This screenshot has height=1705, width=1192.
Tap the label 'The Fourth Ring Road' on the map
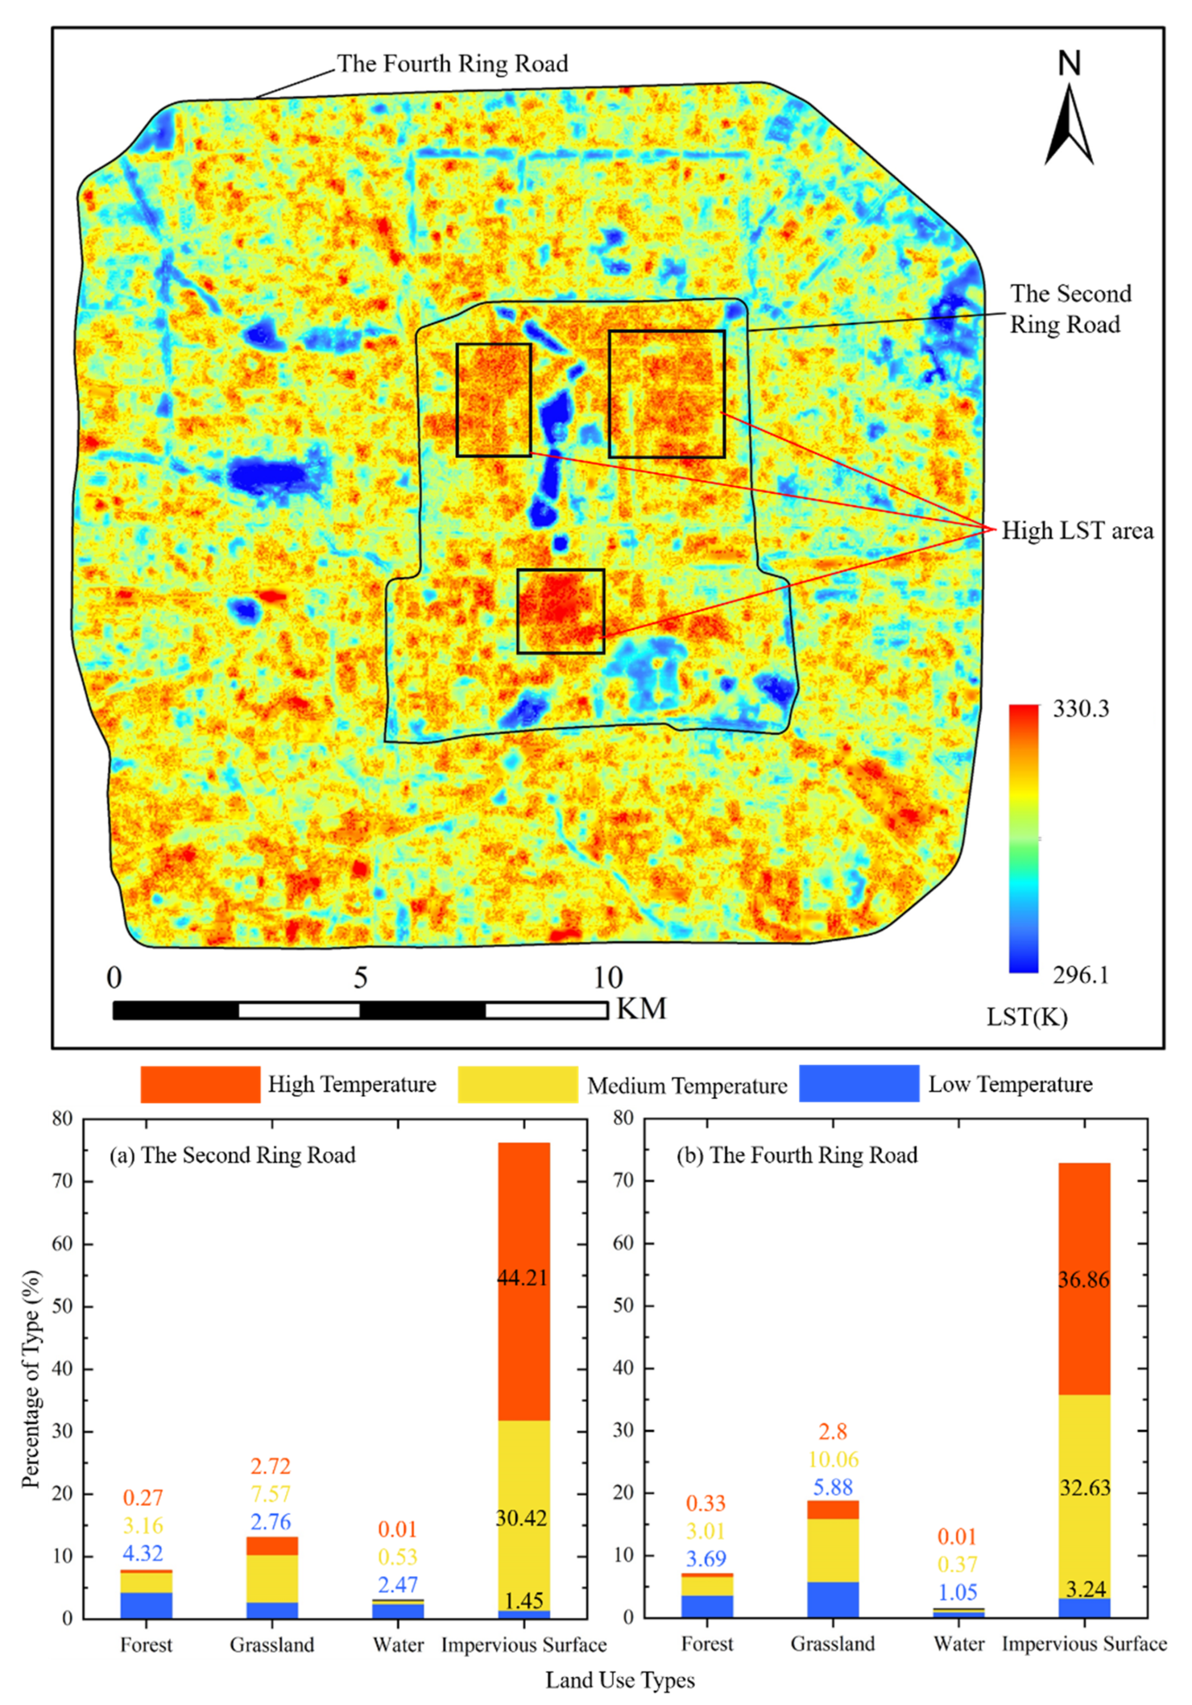click(x=453, y=64)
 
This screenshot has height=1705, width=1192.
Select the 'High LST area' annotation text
click(x=1077, y=530)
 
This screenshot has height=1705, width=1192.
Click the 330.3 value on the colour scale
click(x=1081, y=709)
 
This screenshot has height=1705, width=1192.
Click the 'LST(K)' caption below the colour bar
click(x=1027, y=1017)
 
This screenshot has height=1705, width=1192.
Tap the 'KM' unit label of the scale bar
click(x=641, y=1008)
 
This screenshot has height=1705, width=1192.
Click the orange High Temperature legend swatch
click(x=200, y=1084)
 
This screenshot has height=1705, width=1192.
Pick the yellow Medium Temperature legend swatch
click(x=517, y=1084)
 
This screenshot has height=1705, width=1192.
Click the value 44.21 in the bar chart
click(x=522, y=1277)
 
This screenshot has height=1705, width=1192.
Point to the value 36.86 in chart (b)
click(x=1084, y=1280)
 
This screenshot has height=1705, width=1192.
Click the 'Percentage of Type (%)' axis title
click(x=31, y=1366)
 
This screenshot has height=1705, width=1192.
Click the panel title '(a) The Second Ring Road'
click(x=232, y=1155)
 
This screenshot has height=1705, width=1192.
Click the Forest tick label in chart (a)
click(x=146, y=1644)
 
